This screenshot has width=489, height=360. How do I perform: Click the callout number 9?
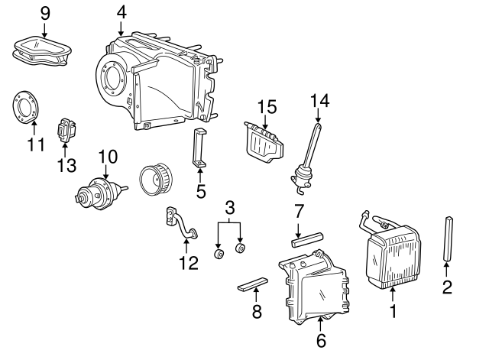(x=44, y=12)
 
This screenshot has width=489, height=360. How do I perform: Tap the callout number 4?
(x=121, y=12)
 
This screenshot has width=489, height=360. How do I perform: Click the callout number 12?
(x=188, y=263)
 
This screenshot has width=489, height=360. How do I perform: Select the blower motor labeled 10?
(x=99, y=193)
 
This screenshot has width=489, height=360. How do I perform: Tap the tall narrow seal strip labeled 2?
(x=448, y=236)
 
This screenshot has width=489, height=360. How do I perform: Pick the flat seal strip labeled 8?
(x=251, y=284)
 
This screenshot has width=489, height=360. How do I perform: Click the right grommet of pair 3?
(x=241, y=248)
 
